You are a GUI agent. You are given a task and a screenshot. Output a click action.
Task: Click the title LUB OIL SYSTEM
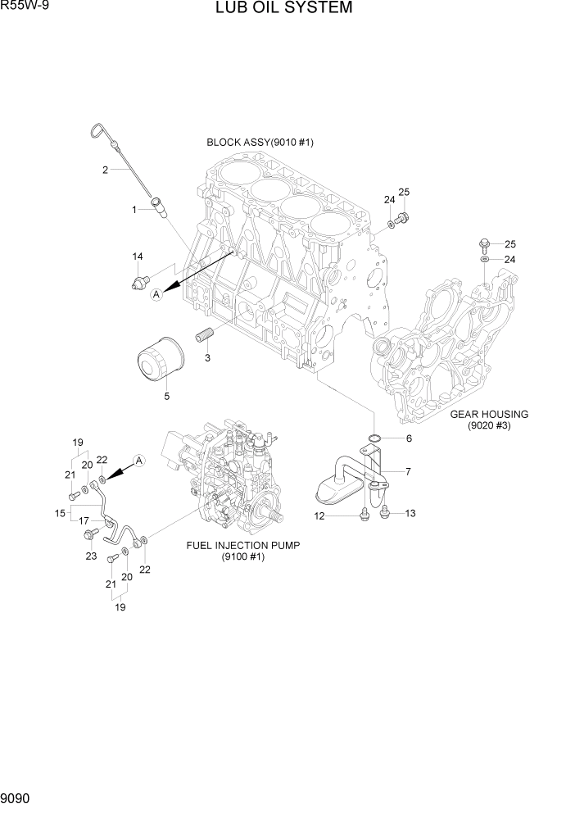tap(284, 9)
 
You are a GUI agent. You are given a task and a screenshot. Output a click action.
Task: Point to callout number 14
tap(138, 257)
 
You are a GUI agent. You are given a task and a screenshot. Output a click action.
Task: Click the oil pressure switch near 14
tap(139, 283)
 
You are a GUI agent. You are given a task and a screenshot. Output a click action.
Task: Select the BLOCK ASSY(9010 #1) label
tap(260, 142)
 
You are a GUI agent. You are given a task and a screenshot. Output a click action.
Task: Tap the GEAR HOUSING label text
tap(489, 414)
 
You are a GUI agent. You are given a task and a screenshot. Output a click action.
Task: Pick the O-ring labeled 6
tap(374, 439)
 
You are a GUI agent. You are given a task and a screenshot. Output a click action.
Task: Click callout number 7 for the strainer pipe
tap(407, 471)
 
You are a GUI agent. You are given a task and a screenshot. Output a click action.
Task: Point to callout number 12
tap(320, 516)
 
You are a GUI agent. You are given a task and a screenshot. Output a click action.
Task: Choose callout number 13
tap(410, 514)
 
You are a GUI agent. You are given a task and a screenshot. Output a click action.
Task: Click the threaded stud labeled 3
tap(203, 336)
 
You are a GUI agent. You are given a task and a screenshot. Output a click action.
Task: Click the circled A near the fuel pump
tap(139, 461)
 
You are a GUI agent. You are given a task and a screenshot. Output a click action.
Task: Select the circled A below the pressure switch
tap(157, 296)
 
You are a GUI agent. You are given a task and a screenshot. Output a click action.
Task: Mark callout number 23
tap(91, 556)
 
